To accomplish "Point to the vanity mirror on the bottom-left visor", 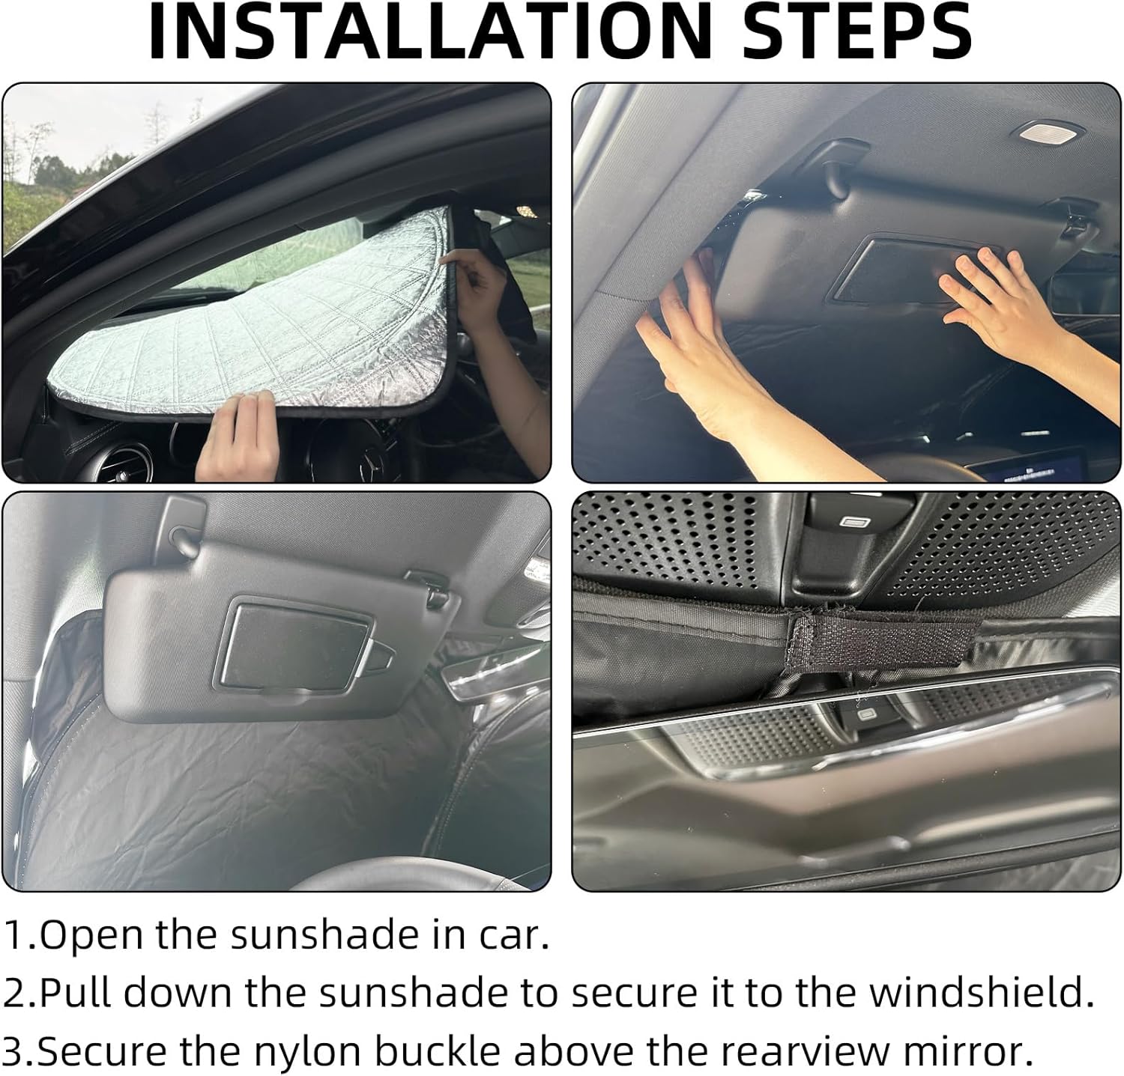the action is (296, 644).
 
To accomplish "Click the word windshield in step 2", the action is (977, 994).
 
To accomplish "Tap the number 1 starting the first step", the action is (15, 936).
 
